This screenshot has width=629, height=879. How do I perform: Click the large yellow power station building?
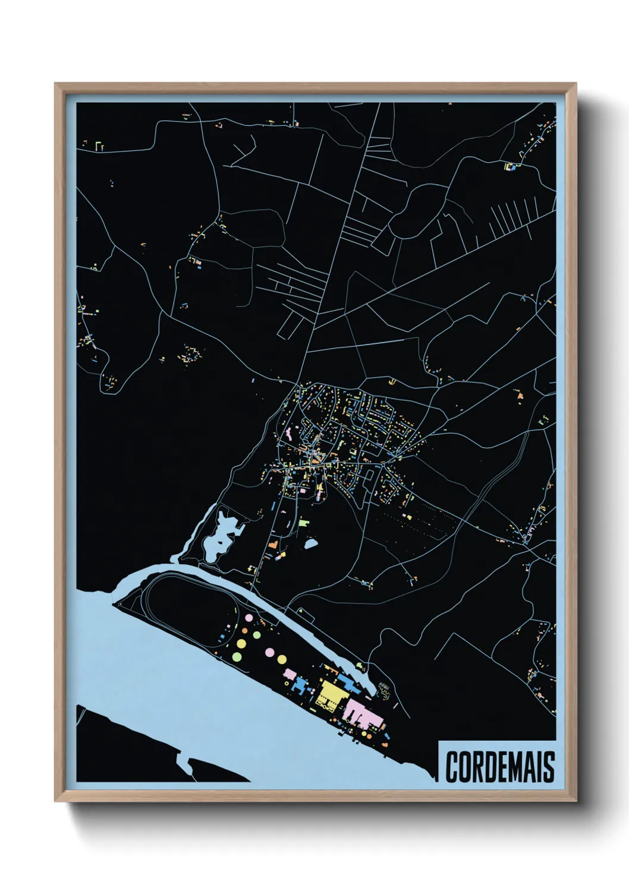tap(329, 694)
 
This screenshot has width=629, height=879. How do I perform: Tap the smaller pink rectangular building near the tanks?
tap(291, 675)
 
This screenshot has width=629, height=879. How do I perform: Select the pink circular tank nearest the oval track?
tap(246, 618)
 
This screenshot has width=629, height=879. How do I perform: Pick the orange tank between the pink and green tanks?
tap(256, 635)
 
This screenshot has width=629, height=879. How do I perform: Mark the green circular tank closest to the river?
tap(236, 656)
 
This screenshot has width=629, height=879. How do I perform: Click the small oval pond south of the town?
tap(310, 543)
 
